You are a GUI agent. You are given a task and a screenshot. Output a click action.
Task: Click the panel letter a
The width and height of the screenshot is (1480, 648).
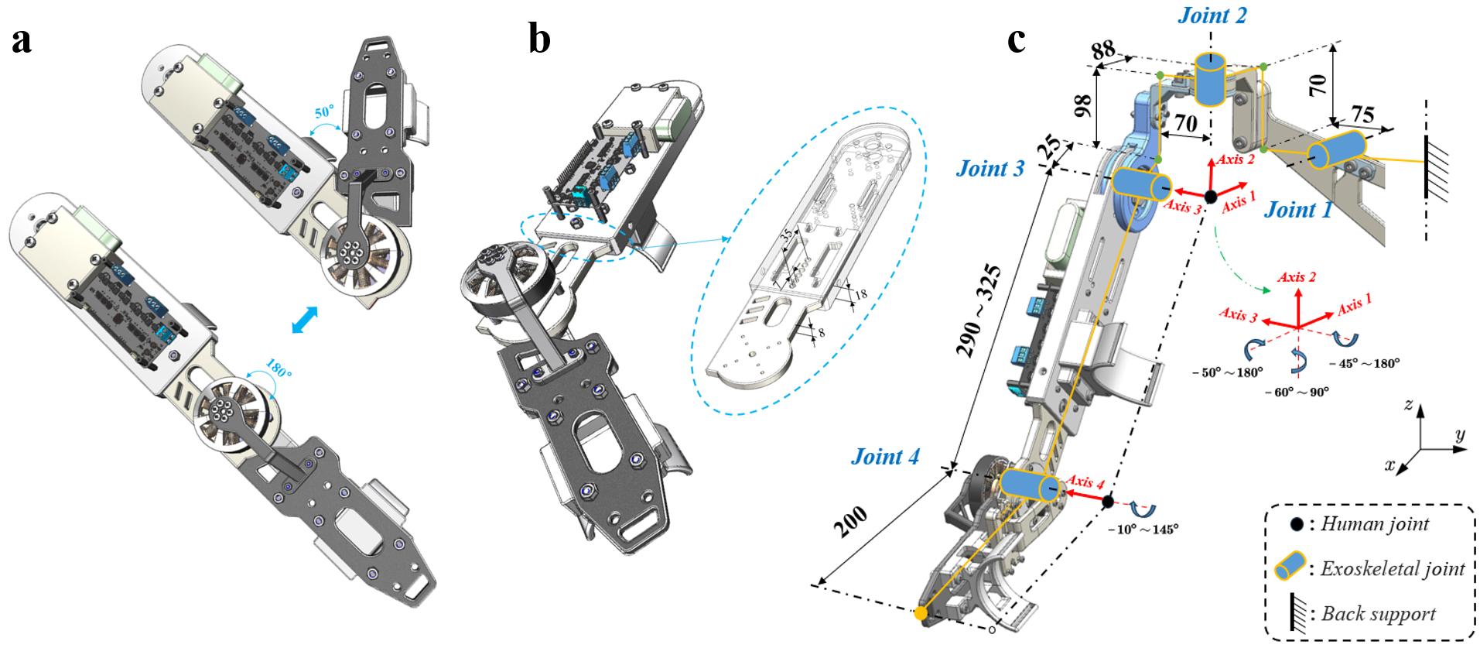click(x=22, y=40)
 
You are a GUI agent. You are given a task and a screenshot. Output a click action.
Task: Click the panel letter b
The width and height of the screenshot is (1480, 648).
click(x=539, y=39)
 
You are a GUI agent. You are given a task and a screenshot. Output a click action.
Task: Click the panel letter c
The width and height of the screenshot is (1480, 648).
click(x=1016, y=39)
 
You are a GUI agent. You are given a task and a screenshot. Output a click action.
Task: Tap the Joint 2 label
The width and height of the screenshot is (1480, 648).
click(x=1212, y=15)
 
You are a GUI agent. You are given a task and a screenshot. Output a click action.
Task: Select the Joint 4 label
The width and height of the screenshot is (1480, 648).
click(x=885, y=457)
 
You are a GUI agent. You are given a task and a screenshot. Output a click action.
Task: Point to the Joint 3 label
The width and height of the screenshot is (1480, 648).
click(x=990, y=169)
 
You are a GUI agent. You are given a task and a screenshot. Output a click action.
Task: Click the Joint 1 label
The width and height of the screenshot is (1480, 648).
click(x=1297, y=210)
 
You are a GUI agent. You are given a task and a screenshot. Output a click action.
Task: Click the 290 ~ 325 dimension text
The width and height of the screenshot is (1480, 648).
click(x=979, y=310)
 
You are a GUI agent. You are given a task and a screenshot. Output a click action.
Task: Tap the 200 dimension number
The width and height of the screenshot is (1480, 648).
click(x=849, y=523)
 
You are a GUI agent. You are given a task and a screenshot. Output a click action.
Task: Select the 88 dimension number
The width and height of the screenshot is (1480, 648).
click(x=1103, y=50)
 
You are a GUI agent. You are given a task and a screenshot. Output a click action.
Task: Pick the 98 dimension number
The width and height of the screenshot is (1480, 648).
click(x=1082, y=105)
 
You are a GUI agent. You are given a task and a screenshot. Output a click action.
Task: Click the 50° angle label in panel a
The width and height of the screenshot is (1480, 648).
click(x=324, y=112)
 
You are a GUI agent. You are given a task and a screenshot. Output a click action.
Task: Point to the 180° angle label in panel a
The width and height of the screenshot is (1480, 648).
click(x=279, y=369)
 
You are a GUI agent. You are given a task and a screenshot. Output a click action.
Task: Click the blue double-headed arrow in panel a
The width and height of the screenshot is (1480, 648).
click(x=305, y=320)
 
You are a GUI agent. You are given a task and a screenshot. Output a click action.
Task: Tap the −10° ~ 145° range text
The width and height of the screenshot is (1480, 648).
click(x=1142, y=530)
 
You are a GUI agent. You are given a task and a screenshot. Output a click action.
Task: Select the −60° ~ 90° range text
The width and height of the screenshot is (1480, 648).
click(x=1297, y=393)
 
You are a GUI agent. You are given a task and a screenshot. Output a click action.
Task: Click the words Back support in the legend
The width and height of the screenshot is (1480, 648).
click(x=1378, y=614)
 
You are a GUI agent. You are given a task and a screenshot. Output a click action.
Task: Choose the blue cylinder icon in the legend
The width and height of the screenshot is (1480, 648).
click(x=1290, y=566)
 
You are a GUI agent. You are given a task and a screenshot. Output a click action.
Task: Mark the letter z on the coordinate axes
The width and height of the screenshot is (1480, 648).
click(x=1409, y=404)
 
